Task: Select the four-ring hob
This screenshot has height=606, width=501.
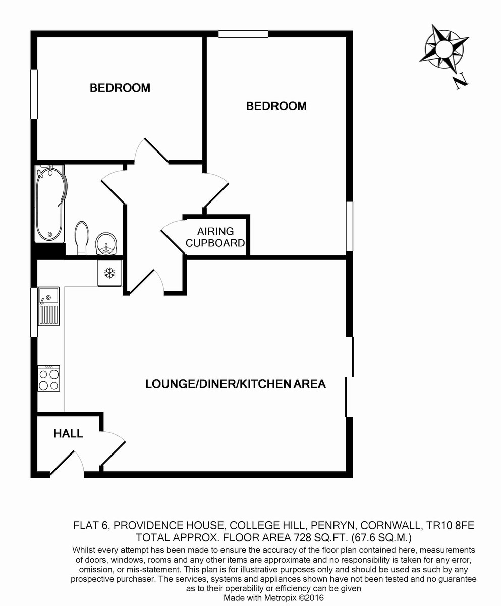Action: (x=49, y=378)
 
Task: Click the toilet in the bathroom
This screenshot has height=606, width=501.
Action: (x=81, y=238)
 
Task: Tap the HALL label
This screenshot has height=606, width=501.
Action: (x=68, y=433)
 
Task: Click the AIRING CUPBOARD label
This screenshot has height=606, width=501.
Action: (x=215, y=237)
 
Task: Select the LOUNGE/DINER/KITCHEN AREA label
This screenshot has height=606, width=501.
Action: (x=236, y=384)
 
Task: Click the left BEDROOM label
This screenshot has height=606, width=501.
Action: (x=120, y=88)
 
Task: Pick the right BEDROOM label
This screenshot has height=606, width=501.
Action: (x=276, y=106)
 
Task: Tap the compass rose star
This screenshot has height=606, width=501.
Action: (x=444, y=48)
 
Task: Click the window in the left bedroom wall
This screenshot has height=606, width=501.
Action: (x=34, y=94)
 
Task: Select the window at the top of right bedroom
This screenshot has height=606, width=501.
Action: (x=243, y=34)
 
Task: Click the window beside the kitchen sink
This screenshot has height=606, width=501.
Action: (x=34, y=312)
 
